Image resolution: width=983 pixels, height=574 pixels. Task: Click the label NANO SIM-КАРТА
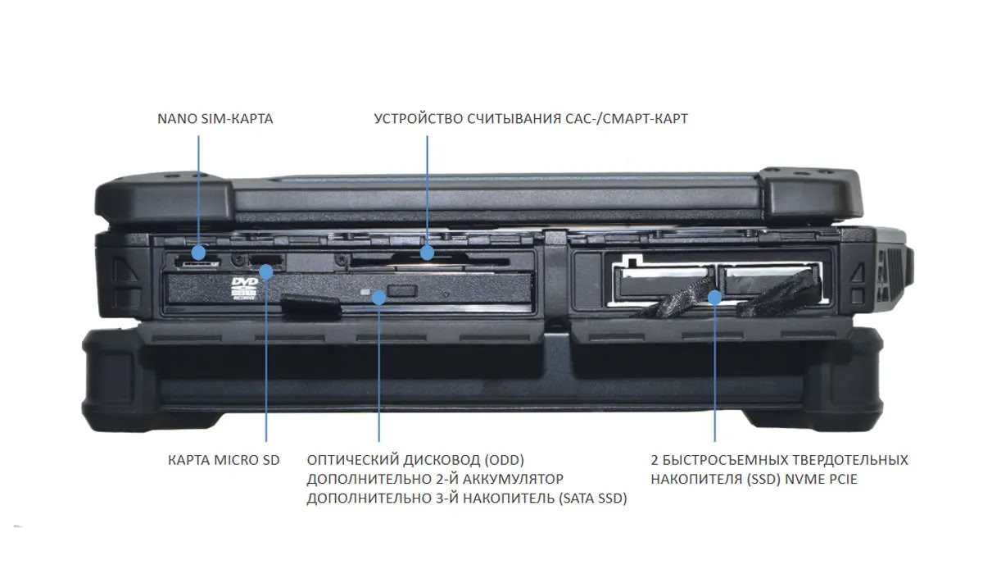pos(215,119)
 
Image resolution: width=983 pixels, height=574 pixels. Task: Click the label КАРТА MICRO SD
pos(224,460)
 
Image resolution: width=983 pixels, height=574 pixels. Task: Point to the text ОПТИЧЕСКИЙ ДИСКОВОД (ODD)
pos(414,459)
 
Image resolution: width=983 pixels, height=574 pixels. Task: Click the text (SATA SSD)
pos(592,498)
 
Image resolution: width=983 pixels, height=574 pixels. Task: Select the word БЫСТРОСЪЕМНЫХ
pos(718,459)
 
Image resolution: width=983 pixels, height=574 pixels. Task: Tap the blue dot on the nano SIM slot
pos(199,251)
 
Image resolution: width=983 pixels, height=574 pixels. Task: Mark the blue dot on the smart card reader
pos(427,253)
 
